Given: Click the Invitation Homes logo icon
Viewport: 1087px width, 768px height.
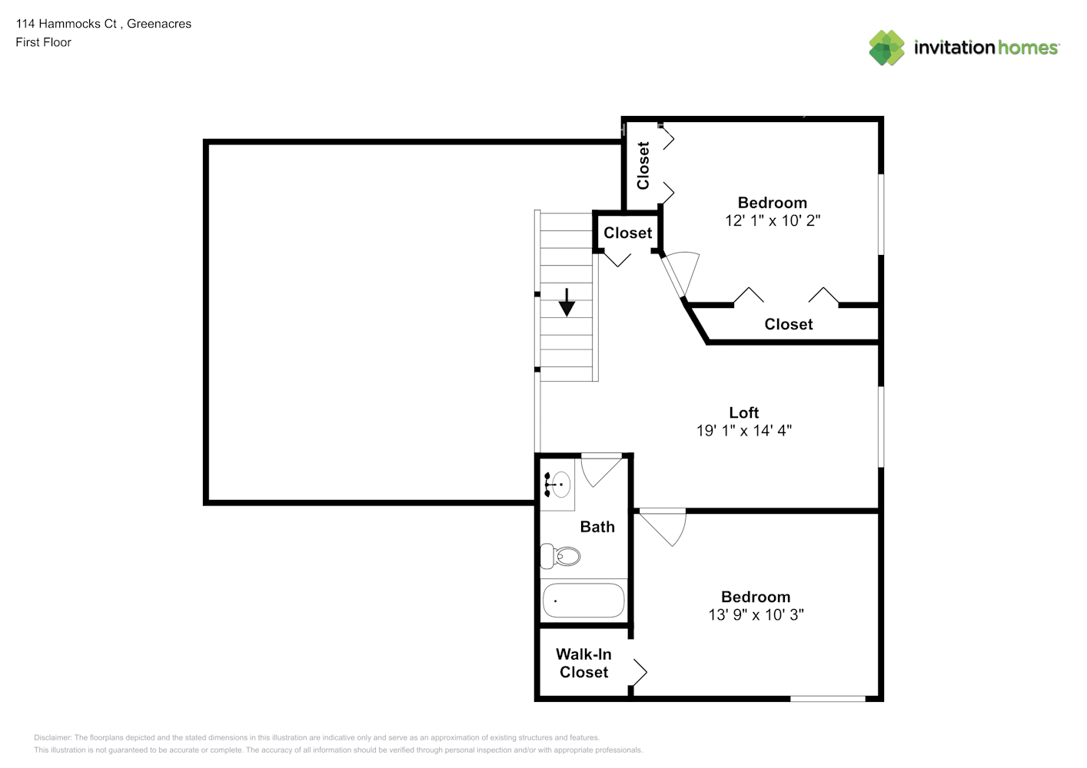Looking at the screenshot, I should (x=886, y=48).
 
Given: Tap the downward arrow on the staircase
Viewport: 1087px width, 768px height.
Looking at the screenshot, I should (x=567, y=303).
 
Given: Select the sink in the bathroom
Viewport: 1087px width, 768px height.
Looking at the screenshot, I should (x=558, y=485).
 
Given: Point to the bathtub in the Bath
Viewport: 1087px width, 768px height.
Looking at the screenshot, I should (x=583, y=601).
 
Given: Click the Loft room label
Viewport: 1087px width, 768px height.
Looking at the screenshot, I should (x=743, y=413).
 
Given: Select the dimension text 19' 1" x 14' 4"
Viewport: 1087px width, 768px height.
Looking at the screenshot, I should (x=743, y=431).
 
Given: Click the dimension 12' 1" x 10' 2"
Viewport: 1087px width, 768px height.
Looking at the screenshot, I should (x=772, y=220).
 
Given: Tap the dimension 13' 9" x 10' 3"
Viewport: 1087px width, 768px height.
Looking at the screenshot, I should (x=756, y=614).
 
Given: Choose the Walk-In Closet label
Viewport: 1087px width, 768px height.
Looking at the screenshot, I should (x=583, y=664).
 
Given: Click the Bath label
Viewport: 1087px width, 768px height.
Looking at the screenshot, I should (x=597, y=527).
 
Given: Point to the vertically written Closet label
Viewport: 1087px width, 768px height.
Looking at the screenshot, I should (x=643, y=165).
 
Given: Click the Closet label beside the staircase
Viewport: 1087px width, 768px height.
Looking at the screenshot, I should (x=627, y=233).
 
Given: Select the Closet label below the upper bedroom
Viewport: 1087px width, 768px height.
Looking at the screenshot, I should (x=788, y=324).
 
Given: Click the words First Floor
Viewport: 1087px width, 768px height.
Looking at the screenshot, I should (x=43, y=42).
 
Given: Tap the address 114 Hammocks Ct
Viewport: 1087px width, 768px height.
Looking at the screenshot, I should (x=66, y=24).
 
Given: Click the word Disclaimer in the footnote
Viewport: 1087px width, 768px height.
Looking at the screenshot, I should (x=52, y=737).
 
